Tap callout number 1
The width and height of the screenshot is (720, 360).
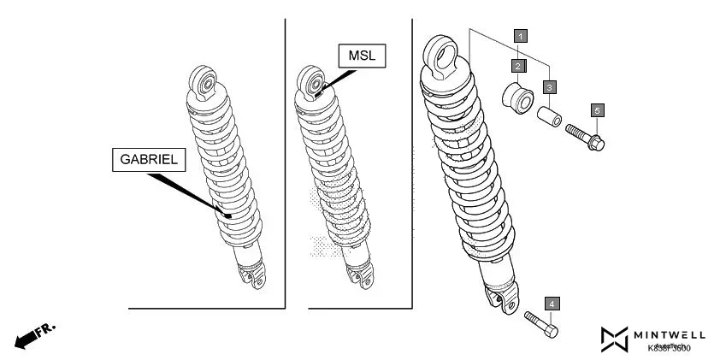520,36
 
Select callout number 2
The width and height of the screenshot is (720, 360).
517,65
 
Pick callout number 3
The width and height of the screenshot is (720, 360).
550,87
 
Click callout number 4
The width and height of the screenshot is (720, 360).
553,304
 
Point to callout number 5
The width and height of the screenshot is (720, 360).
597,109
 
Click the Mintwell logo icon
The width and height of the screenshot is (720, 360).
614,339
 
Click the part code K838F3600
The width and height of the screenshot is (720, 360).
669,348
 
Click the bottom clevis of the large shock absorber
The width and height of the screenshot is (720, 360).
500,298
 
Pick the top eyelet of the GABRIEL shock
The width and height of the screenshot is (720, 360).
205,82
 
